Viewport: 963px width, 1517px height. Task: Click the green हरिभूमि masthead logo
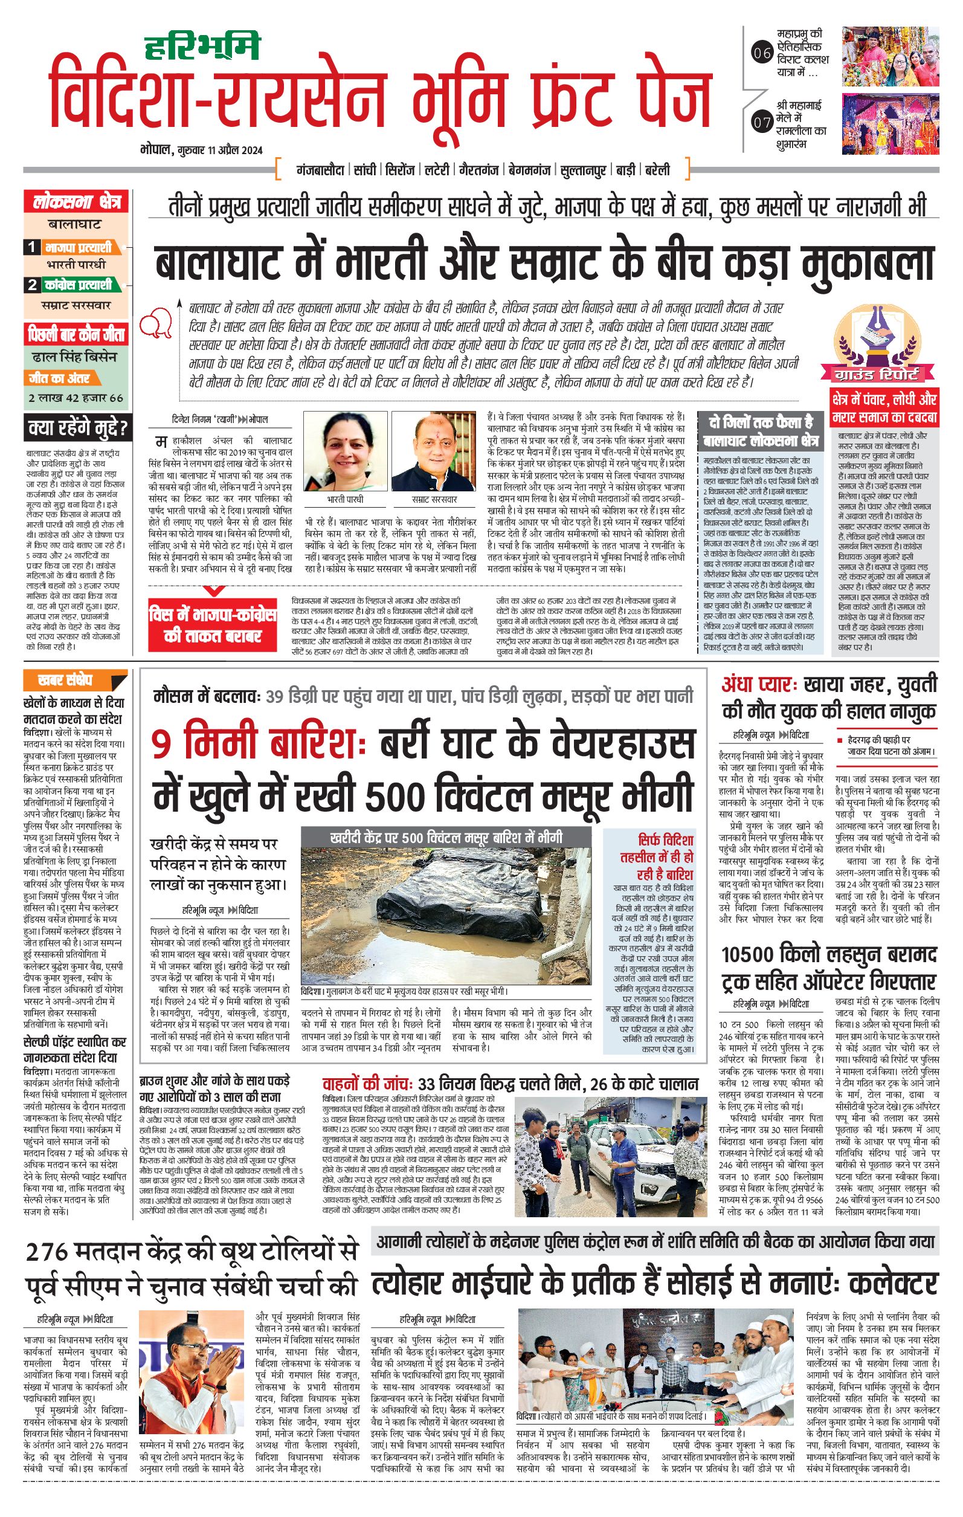coord(203,45)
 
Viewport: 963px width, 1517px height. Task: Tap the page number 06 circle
coord(762,54)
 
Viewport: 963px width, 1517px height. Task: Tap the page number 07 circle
coord(762,122)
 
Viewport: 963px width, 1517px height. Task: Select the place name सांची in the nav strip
coord(365,170)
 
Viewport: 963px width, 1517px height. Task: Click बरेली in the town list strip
coord(657,170)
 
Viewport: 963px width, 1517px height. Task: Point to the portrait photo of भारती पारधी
coord(345,451)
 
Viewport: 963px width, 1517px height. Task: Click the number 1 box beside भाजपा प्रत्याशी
coord(31,248)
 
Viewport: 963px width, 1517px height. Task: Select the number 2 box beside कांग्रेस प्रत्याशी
coord(31,285)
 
